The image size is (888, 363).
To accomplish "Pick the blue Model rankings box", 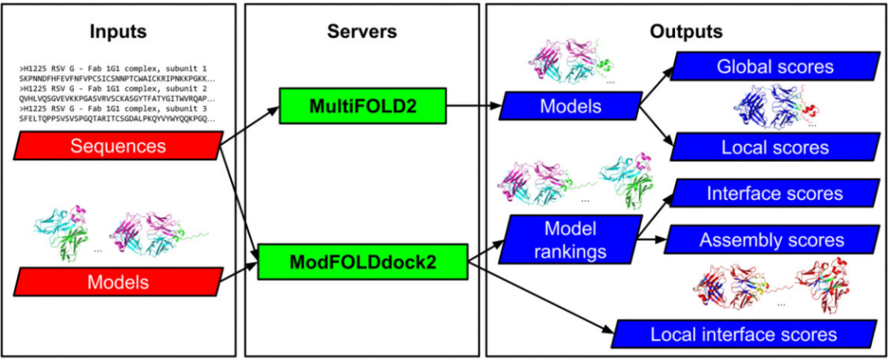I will [570, 239].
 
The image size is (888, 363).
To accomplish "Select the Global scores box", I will [775, 66].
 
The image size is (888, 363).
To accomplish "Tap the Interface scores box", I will [775, 194].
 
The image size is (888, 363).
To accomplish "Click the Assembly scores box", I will [771, 240].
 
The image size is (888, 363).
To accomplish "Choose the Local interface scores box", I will [742, 334].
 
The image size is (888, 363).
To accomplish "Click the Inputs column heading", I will [118, 31].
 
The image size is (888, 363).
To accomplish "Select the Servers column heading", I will [362, 31].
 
